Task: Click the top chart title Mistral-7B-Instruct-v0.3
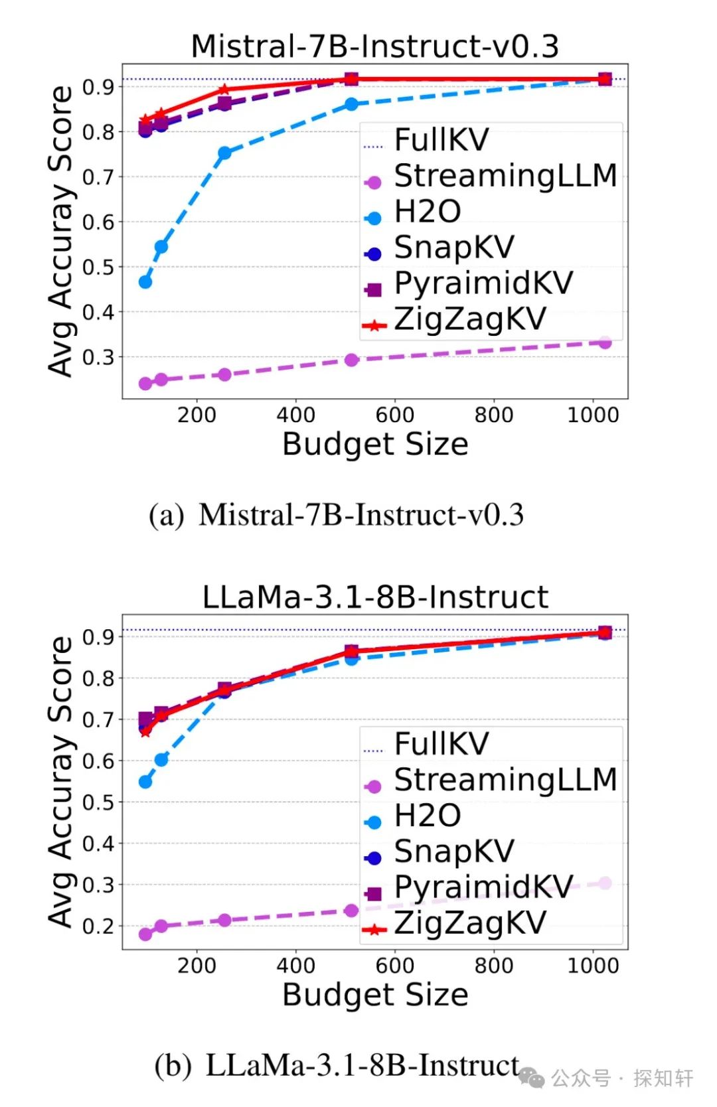(x=374, y=46)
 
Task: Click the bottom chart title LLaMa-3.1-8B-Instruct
(x=375, y=597)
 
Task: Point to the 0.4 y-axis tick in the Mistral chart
(x=98, y=312)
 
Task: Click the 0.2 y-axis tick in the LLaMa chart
(x=98, y=926)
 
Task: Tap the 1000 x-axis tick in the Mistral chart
(x=593, y=415)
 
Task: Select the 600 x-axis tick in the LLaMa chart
(x=395, y=966)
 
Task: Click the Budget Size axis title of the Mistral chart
(x=375, y=444)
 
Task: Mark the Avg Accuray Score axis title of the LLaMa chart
(x=61, y=782)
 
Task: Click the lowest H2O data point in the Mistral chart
(x=145, y=282)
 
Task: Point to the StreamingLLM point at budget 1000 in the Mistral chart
(x=605, y=342)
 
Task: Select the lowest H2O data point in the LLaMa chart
(x=145, y=782)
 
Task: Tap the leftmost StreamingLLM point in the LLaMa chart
(x=145, y=934)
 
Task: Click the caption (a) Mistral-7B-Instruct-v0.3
(x=336, y=515)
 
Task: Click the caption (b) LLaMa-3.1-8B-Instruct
(x=337, y=1065)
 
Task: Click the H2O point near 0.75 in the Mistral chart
(x=224, y=153)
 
